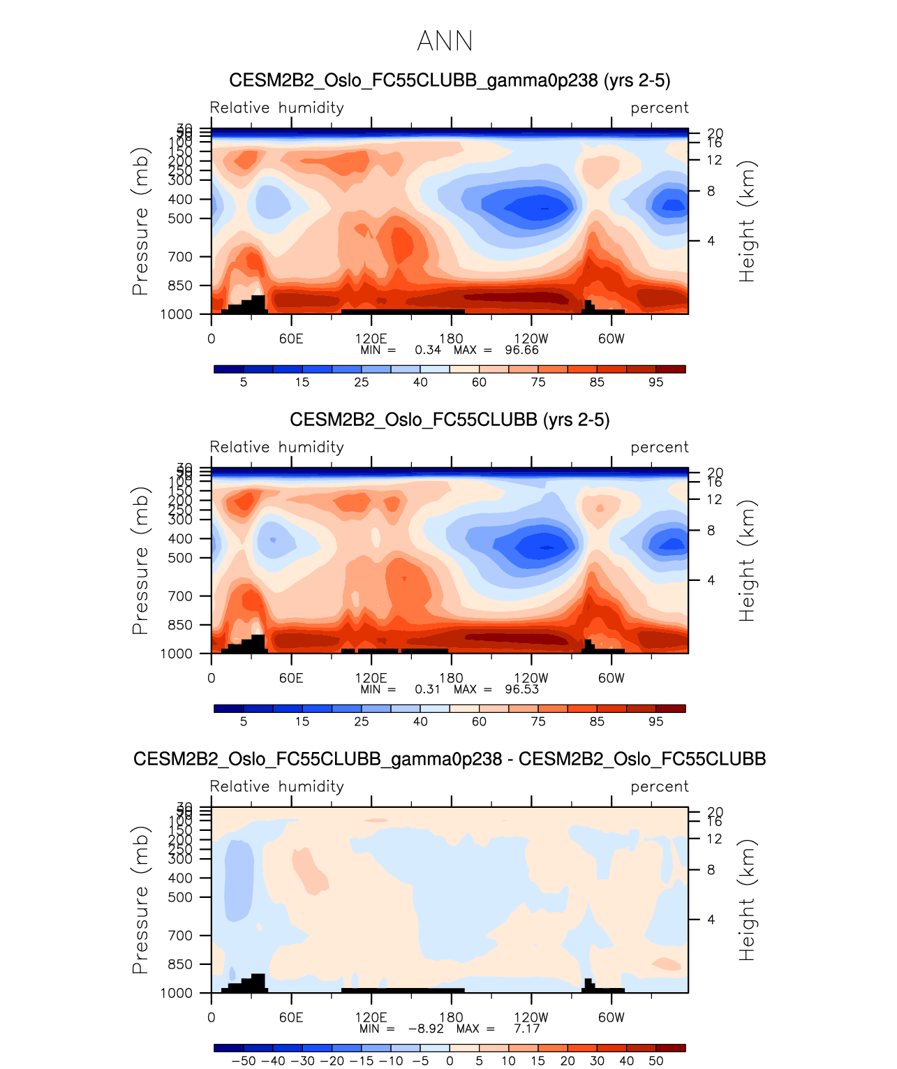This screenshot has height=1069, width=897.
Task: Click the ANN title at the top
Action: click(x=445, y=41)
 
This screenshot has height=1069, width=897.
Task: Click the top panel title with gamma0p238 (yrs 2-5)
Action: click(x=450, y=81)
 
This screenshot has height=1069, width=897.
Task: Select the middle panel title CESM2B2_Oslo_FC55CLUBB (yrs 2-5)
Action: click(x=450, y=420)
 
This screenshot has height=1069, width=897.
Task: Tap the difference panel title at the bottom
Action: click(x=450, y=760)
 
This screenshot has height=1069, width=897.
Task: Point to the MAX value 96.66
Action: click(x=521, y=350)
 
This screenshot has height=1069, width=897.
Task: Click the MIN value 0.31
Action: click(x=427, y=689)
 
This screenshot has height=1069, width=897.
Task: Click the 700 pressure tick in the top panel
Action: click(x=179, y=257)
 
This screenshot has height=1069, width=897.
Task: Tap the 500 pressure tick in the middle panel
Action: click(x=179, y=558)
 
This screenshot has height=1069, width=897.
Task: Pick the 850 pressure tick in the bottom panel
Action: click(x=179, y=964)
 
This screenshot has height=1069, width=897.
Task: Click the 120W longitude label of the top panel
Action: click(x=531, y=339)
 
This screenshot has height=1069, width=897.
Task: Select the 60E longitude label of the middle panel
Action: click(x=291, y=678)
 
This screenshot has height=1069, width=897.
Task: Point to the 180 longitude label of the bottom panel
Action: click(x=451, y=1017)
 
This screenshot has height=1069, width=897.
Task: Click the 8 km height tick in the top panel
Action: click(x=711, y=191)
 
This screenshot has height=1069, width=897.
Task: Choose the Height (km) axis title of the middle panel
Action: click(x=748, y=561)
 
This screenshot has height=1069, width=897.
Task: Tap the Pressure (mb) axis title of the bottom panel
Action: click(x=140, y=900)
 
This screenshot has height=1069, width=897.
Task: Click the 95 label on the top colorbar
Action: click(x=655, y=382)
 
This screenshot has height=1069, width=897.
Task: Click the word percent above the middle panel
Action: click(x=659, y=448)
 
